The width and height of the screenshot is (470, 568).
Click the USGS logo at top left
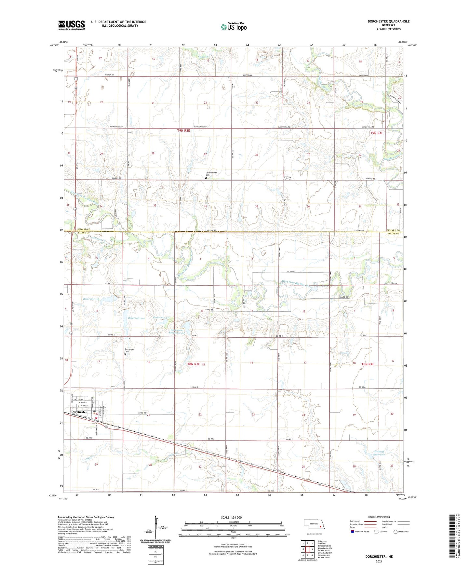point(71,25)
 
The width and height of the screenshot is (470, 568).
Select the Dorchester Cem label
point(129,350)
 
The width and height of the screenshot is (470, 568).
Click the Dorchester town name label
point(79,412)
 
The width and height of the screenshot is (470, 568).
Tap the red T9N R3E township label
point(183,130)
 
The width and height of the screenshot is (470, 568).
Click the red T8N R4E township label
point(368,364)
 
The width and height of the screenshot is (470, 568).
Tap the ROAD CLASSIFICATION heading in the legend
point(379,517)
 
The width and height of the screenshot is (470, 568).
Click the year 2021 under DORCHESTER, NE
point(379,561)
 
